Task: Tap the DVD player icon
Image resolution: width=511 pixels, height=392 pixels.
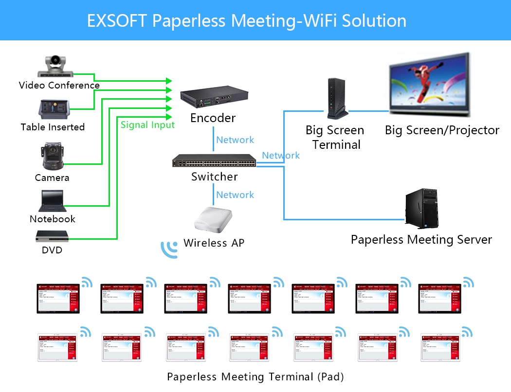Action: [x=52, y=236]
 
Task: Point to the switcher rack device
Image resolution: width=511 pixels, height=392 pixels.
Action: [x=214, y=160]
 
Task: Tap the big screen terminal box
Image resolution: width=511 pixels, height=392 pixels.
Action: [x=336, y=99]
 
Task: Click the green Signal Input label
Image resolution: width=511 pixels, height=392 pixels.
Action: [x=147, y=125]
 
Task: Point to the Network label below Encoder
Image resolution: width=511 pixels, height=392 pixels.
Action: [x=235, y=140]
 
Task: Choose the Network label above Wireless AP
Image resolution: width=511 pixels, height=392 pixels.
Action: [x=235, y=195]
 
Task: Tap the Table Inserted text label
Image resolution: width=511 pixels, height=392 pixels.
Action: [x=53, y=127]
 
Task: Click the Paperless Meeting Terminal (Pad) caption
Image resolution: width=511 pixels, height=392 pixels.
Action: [x=255, y=377]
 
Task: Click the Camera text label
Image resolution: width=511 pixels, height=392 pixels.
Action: [x=52, y=178]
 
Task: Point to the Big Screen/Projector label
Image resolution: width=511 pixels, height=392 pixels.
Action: [x=442, y=130]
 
